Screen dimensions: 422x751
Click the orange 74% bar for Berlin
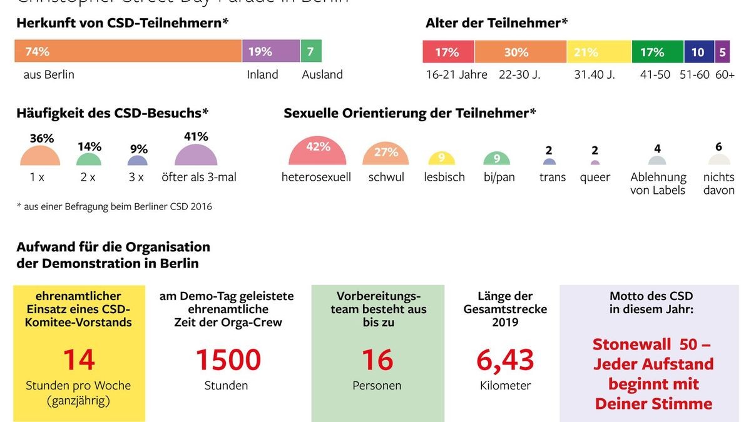point(128,51)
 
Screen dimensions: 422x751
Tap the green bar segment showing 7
point(311,51)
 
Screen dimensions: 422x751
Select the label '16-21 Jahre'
point(456,74)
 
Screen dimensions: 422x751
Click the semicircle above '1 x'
point(40,156)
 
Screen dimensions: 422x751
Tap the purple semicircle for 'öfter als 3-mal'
point(196,156)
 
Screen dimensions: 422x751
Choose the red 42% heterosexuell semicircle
point(317,153)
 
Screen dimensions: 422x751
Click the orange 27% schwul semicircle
point(386,155)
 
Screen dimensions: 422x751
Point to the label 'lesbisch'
point(444,177)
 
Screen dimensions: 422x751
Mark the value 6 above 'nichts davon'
point(718,147)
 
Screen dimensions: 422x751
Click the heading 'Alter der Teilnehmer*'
point(496,23)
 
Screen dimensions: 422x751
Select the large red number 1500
point(228,359)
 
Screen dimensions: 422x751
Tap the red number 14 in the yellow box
point(79,359)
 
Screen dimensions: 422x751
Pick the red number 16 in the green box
point(377,359)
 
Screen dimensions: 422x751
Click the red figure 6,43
point(505,359)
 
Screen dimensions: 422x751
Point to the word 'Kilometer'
point(505,386)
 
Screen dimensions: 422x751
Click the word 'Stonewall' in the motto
point(633,344)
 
